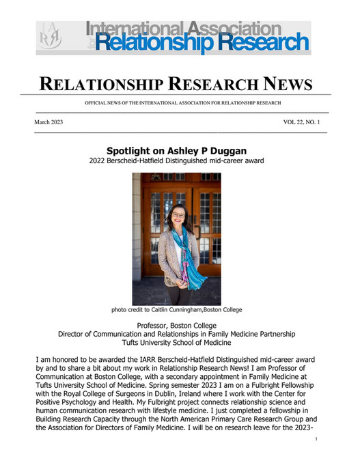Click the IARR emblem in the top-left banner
[53, 38]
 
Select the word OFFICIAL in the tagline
[97, 102]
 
